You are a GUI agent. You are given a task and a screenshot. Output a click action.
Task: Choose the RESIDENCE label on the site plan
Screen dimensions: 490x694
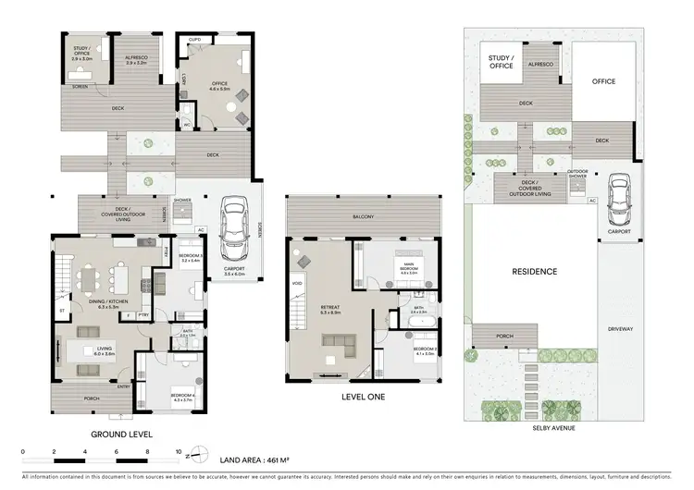point(535,272)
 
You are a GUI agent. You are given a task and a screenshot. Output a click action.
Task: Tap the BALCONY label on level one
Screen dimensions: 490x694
point(362,217)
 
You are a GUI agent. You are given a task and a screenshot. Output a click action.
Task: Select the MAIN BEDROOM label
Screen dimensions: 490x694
point(408,271)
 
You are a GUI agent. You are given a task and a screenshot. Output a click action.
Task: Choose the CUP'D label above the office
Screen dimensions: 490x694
point(195,40)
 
